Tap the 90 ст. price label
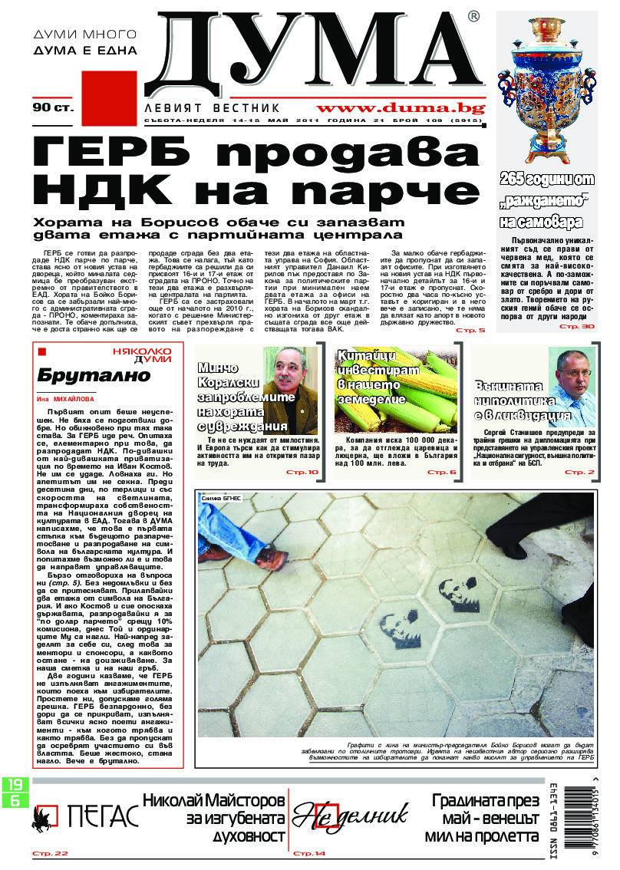52,108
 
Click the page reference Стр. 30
577,327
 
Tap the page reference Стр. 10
302,472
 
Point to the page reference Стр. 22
50,853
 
